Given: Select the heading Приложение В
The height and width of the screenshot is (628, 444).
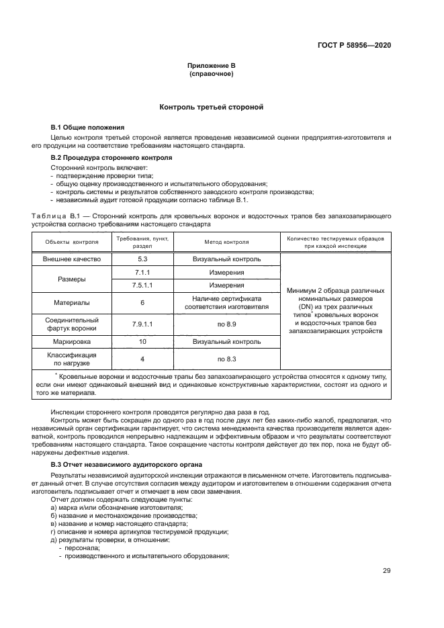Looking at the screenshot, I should (211, 65).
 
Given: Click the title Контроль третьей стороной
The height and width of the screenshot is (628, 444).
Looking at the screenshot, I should (211, 107).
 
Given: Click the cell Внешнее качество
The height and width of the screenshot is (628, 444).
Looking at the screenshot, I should (71, 259).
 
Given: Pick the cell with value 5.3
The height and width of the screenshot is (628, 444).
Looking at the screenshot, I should (142, 259).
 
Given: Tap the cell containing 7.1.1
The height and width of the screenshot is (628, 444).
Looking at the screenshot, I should (142, 273).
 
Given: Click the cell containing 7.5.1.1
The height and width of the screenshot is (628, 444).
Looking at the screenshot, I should (142, 285).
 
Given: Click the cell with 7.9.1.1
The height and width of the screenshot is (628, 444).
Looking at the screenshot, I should (142, 324).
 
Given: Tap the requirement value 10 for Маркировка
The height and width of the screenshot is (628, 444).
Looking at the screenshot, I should (142, 341).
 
